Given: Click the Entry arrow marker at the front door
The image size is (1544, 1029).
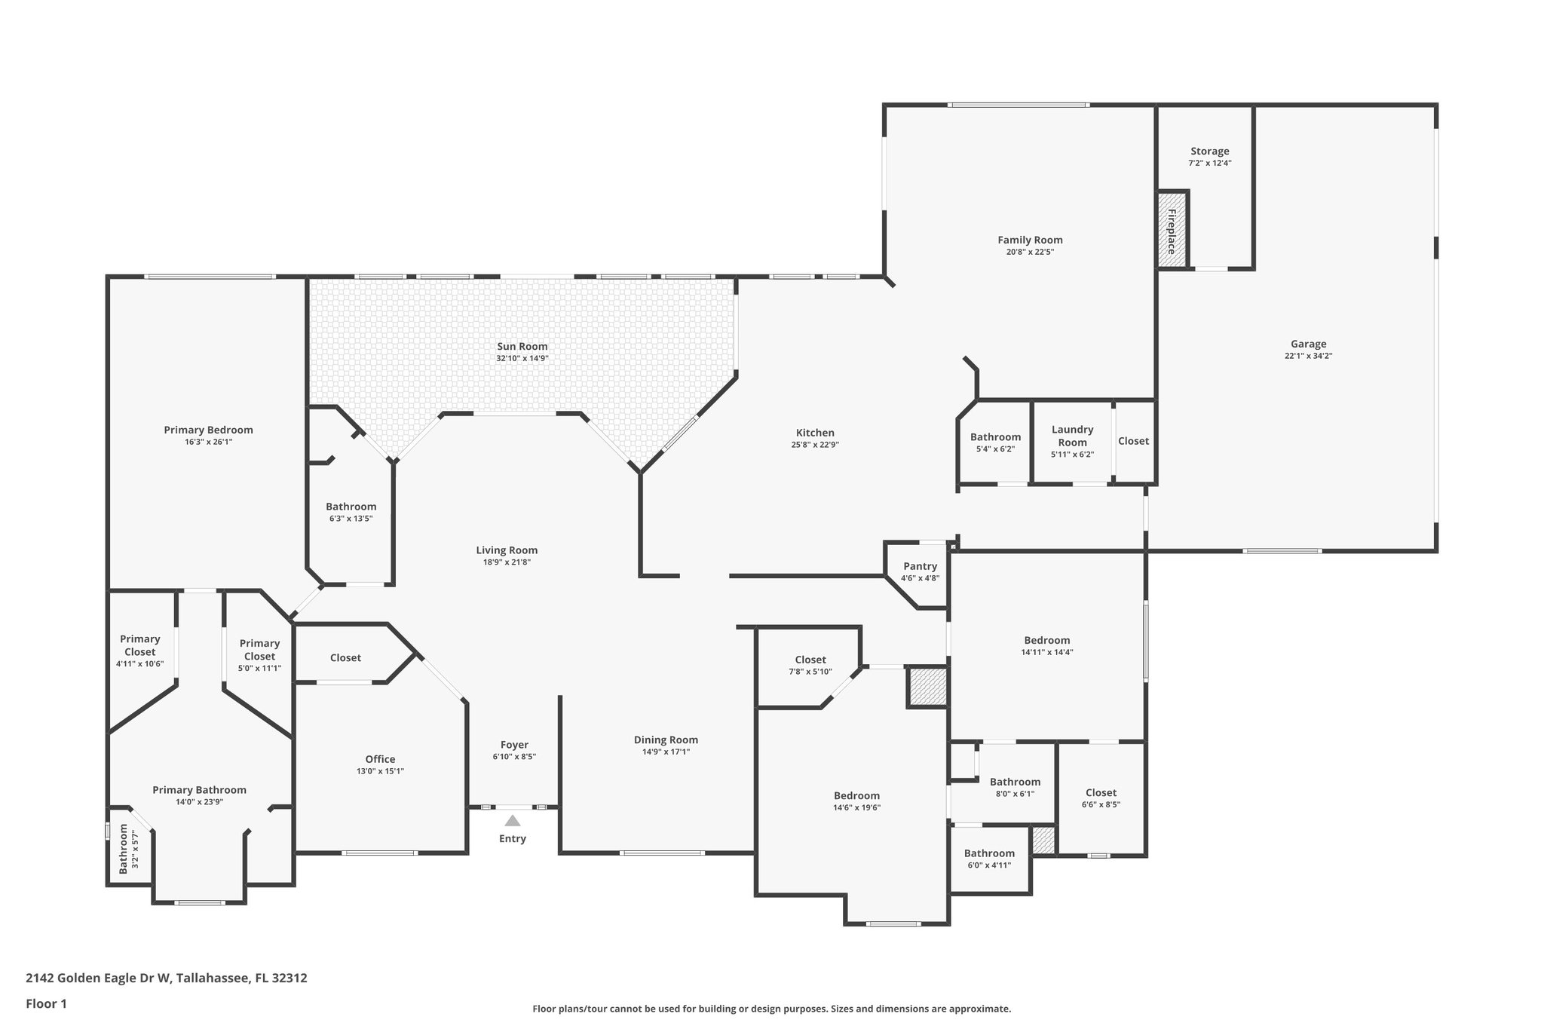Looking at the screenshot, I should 512,821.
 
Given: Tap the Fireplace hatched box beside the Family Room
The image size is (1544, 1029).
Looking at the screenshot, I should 1172,229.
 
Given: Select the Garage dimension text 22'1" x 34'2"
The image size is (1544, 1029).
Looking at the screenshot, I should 1308,356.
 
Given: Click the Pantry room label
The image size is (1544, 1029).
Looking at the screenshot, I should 920,566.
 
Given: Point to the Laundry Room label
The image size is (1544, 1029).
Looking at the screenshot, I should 1072,436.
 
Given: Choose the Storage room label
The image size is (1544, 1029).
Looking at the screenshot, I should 1209,152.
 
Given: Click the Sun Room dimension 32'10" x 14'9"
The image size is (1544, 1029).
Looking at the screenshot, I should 522,358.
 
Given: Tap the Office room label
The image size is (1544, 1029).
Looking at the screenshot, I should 380,759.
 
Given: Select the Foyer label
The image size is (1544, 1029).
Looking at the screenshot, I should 514,745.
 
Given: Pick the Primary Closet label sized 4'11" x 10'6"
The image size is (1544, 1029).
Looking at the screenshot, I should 139,645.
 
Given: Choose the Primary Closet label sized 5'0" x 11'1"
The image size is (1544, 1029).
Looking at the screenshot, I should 259,649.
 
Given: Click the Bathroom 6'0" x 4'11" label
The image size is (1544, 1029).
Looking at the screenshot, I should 989,853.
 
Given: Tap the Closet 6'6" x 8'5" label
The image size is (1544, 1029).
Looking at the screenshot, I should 1101,792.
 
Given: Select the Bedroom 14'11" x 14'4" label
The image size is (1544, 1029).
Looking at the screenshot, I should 1046,640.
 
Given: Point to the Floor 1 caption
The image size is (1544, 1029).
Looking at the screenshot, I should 46,1003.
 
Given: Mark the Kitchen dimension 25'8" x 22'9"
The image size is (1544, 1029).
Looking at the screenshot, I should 815,445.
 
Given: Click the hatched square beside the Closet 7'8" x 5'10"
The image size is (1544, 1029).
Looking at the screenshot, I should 927,687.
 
